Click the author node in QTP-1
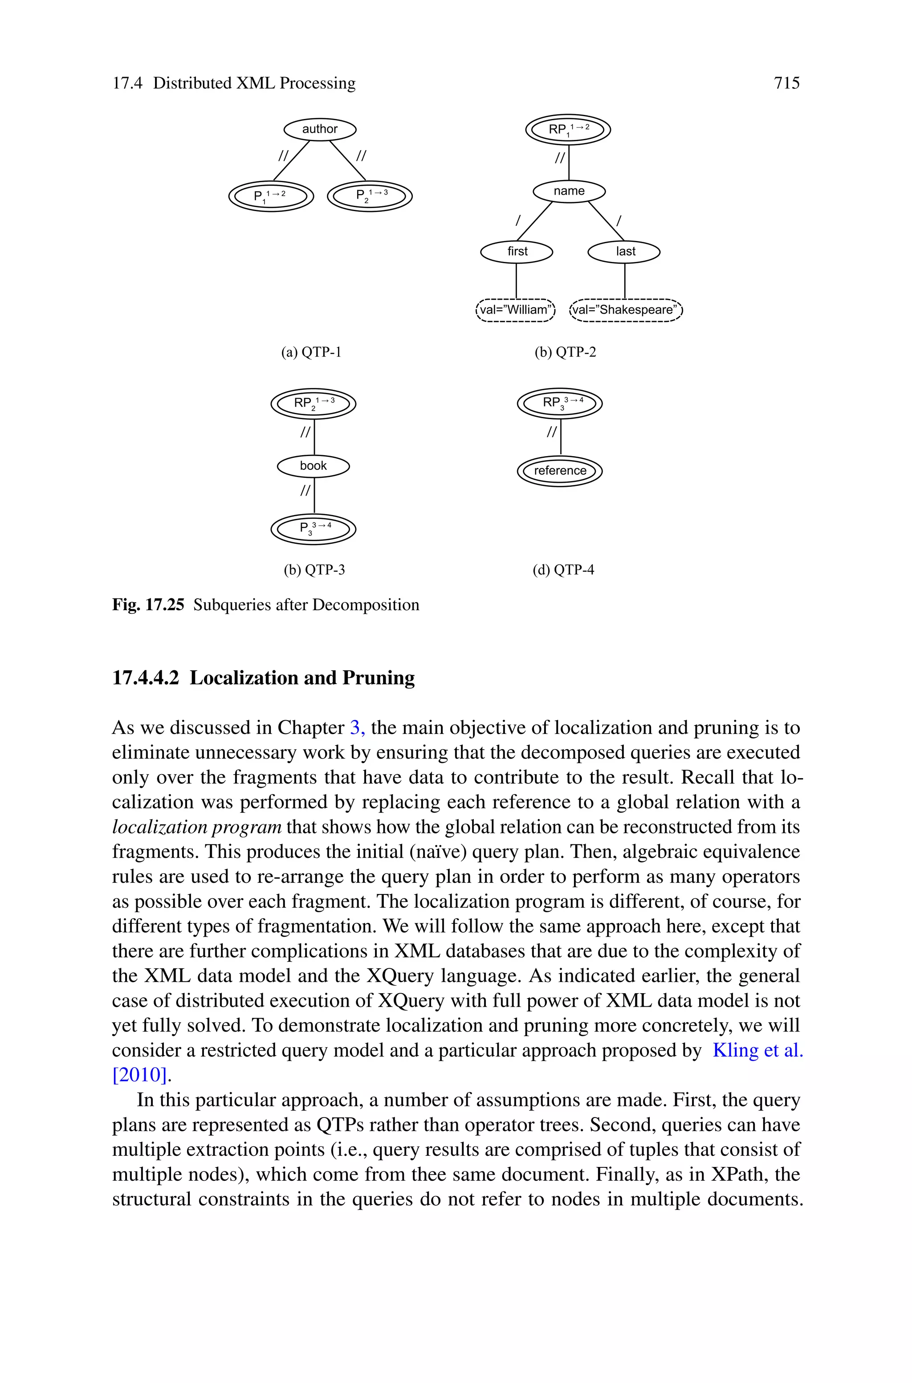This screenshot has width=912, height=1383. point(319,129)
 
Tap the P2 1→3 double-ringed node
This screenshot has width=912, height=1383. point(370,196)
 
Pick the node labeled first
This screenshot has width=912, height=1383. point(517,251)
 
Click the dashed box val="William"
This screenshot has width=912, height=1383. point(515,310)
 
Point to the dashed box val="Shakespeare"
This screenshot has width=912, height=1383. point(626,310)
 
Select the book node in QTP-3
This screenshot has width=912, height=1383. point(313,466)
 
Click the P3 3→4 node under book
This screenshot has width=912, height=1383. point(313,529)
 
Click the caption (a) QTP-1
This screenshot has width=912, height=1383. point(311,352)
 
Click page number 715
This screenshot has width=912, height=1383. point(786,83)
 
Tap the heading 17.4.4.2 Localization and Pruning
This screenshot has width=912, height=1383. point(264,677)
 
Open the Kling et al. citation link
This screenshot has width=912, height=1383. point(757,1050)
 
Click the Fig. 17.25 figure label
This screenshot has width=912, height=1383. point(148,605)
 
